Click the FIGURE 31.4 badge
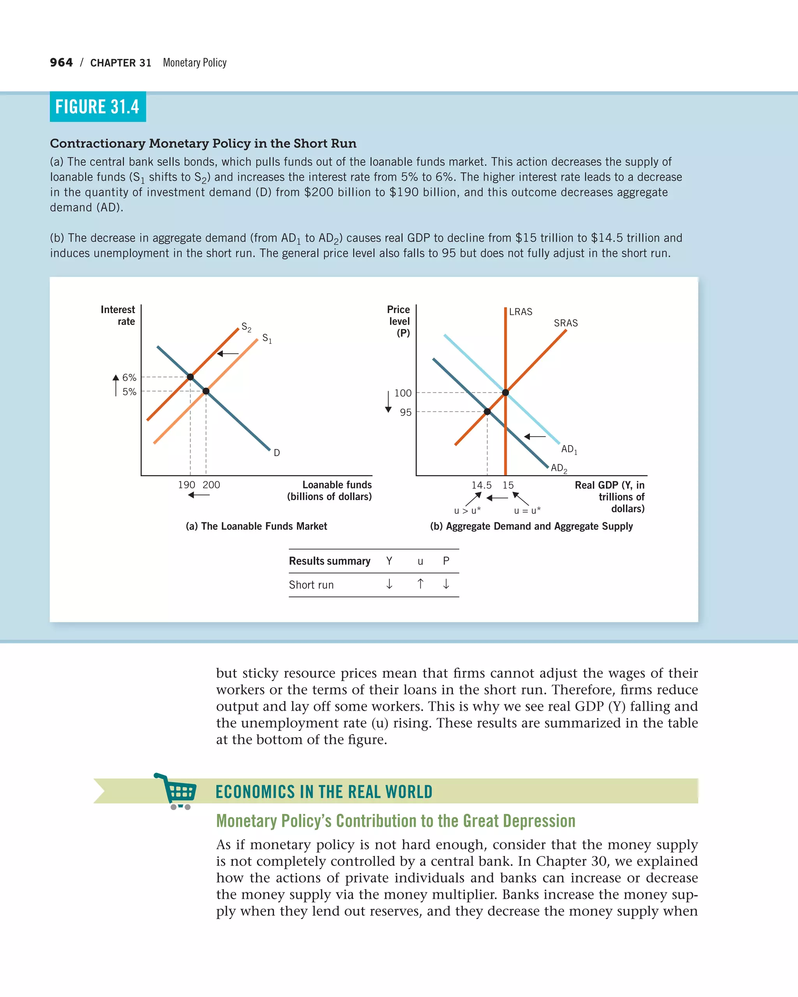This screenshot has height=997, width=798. pyautogui.click(x=98, y=107)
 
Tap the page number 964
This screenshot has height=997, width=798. pyautogui.click(x=61, y=62)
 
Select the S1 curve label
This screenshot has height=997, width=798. pyautogui.click(x=267, y=338)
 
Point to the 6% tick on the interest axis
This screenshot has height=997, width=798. pyautogui.click(x=129, y=377)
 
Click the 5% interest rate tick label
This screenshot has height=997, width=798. pyautogui.click(x=129, y=392)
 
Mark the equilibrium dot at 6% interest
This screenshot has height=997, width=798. pyautogui.click(x=190, y=377)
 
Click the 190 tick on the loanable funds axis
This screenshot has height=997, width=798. pyautogui.click(x=186, y=484)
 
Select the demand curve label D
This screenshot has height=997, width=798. pyautogui.click(x=277, y=453)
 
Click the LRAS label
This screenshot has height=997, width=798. pyautogui.click(x=521, y=312)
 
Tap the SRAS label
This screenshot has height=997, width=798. pyautogui.click(x=566, y=323)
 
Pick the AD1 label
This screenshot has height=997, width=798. pyautogui.click(x=569, y=449)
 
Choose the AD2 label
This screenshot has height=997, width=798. pyautogui.click(x=559, y=468)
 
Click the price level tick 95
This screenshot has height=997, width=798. pyautogui.click(x=406, y=412)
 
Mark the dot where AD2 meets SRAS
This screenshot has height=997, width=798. pyautogui.click(x=487, y=412)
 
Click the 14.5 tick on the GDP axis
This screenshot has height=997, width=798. pyautogui.click(x=481, y=485)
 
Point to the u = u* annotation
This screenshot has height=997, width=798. pyautogui.click(x=527, y=511)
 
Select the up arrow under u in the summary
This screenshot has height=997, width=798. pyautogui.click(x=420, y=584)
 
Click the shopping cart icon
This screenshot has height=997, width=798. pyautogui.click(x=177, y=791)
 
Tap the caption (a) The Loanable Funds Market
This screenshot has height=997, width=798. pyautogui.click(x=256, y=526)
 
